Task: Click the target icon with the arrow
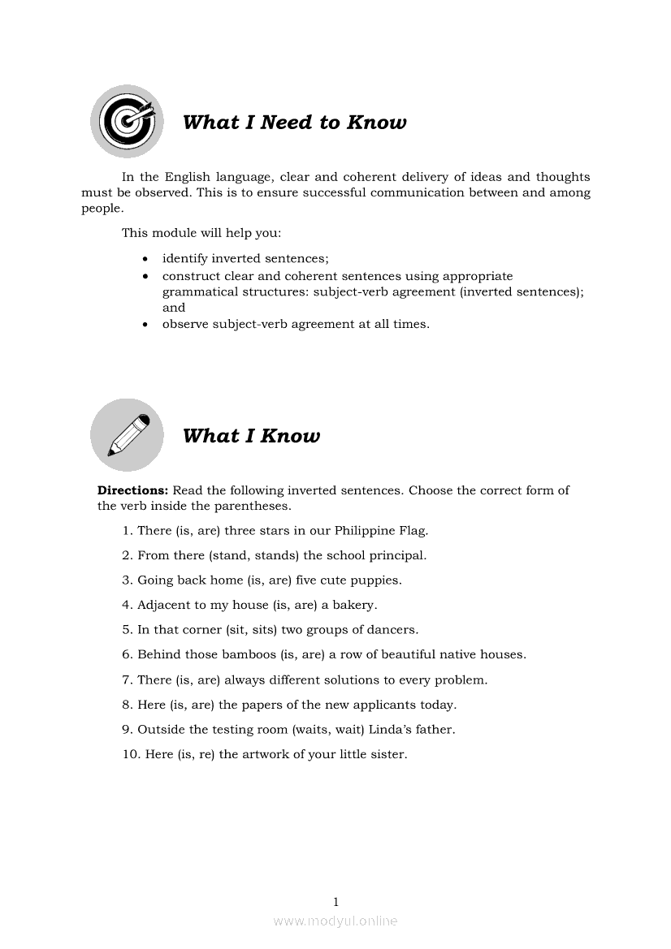[126, 122]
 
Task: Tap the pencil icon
[126, 434]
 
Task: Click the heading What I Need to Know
[294, 123]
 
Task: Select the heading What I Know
[251, 436]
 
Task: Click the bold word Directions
[133, 490]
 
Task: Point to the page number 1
[335, 901]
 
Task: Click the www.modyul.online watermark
[335, 921]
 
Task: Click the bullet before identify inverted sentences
[145, 259]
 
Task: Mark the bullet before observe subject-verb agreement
[145, 325]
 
